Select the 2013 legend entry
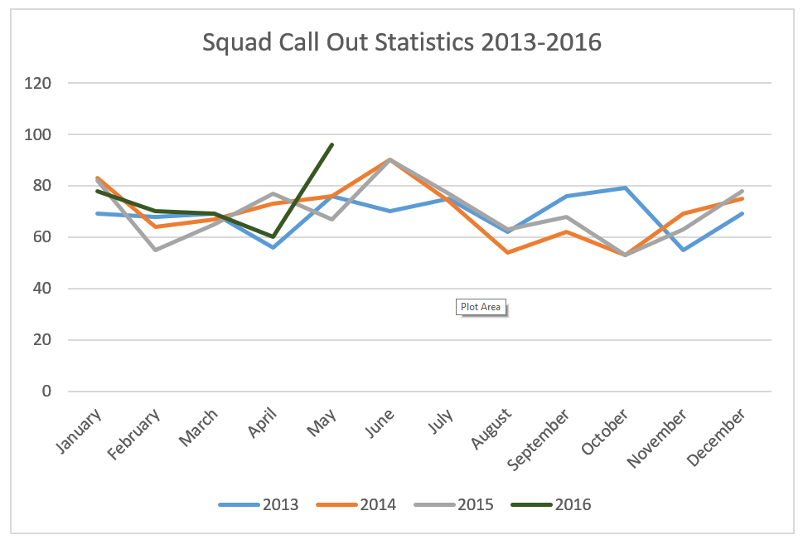point(280,504)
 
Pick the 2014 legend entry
point(378,504)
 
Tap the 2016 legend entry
point(573,504)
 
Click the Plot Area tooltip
point(481,307)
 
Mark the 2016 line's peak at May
point(331,144)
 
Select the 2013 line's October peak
point(625,188)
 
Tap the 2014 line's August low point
point(507,252)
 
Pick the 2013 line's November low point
point(684,250)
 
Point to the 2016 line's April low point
point(273,236)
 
